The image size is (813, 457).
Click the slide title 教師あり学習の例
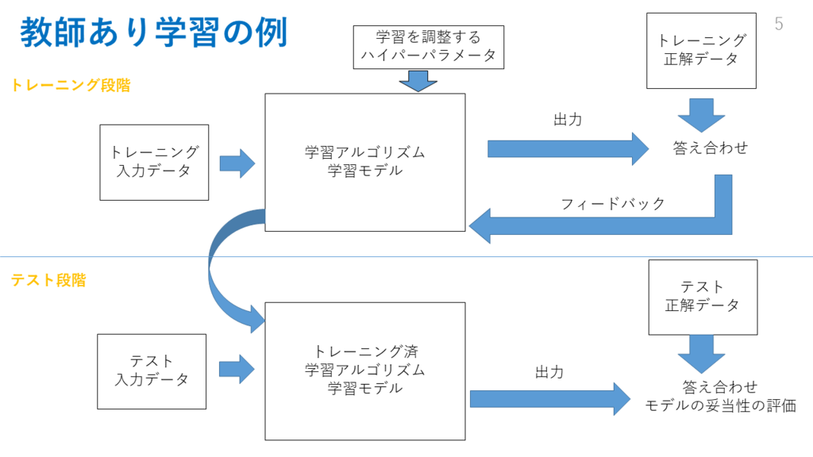[x=153, y=32]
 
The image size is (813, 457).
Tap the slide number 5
[x=779, y=24]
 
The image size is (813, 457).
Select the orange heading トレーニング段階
[x=71, y=86]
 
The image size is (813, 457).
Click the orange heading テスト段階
[x=48, y=280]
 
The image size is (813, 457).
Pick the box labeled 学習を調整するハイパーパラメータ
[x=428, y=47]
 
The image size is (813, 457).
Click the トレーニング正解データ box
[x=701, y=51]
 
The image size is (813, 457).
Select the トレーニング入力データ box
[x=154, y=162]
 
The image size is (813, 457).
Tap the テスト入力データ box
[x=152, y=371]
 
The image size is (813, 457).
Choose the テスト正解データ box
[x=703, y=298]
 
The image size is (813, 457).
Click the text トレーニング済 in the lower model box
[x=365, y=351]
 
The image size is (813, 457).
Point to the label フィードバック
[x=613, y=204]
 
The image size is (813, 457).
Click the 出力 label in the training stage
[x=568, y=120]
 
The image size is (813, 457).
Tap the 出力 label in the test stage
[x=549, y=372]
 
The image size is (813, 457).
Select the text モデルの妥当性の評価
[x=720, y=405]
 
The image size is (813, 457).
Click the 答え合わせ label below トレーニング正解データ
[x=711, y=148]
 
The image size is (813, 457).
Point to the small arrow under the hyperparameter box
[x=418, y=81]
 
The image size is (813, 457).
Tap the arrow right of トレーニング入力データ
[x=237, y=163]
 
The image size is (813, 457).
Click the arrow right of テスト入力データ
[x=237, y=370]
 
